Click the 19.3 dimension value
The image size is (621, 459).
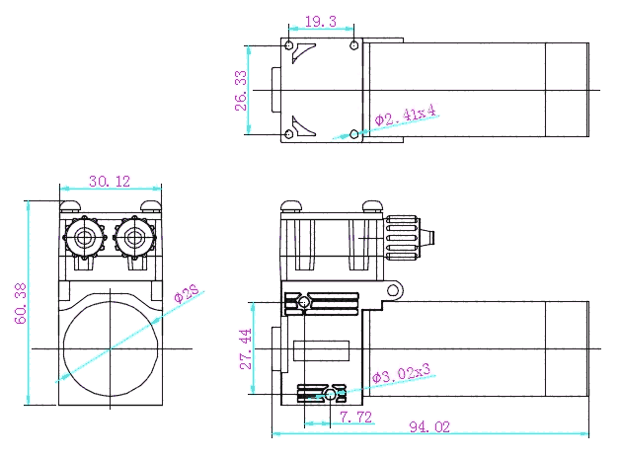point(321,22)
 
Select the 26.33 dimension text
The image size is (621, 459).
point(241,91)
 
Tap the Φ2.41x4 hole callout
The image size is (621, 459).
point(405,115)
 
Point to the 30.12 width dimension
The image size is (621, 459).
point(110,182)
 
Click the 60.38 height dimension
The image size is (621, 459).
point(21,303)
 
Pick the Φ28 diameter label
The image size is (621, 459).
point(187,294)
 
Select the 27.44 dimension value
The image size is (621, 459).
point(246,348)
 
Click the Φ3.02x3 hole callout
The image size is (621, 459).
point(401,373)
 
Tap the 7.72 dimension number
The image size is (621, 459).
point(356,417)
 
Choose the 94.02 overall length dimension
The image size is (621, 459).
point(429,427)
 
